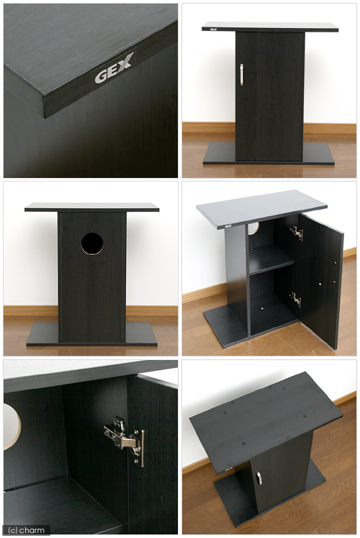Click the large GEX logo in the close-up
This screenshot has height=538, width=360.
(113, 71)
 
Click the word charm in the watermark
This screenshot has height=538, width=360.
(33, 530)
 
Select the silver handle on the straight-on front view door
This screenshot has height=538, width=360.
(241, 75)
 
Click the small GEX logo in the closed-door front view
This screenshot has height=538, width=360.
(207, 30)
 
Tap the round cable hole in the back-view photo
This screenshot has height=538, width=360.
(92, 243)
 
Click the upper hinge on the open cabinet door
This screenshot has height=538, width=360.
(296, 233)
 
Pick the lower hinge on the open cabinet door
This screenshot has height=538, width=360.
(295, 300)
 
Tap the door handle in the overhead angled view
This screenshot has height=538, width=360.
(259, 478)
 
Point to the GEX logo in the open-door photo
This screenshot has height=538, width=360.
(228, 226)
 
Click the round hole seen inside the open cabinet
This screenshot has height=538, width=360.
(253, 228)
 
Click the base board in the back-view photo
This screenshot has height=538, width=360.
(92, 333)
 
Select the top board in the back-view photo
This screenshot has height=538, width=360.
(92, 207)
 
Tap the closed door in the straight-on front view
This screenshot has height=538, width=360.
(269, 97)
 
